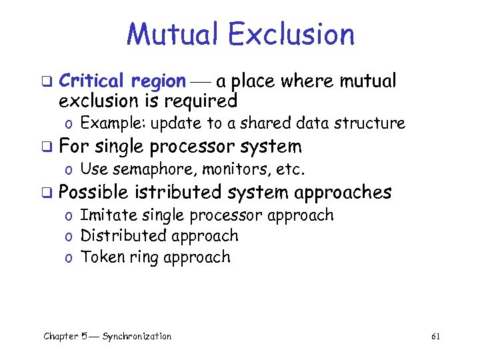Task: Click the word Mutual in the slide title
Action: point(171,35)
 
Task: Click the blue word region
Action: point(158,81)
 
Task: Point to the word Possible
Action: point(93,193)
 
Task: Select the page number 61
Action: point(435,337)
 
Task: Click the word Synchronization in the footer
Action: point(137,337)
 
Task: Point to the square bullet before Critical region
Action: point(47,83)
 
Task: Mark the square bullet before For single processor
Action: point(47,147)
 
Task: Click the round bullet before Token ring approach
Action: point(69,259)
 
